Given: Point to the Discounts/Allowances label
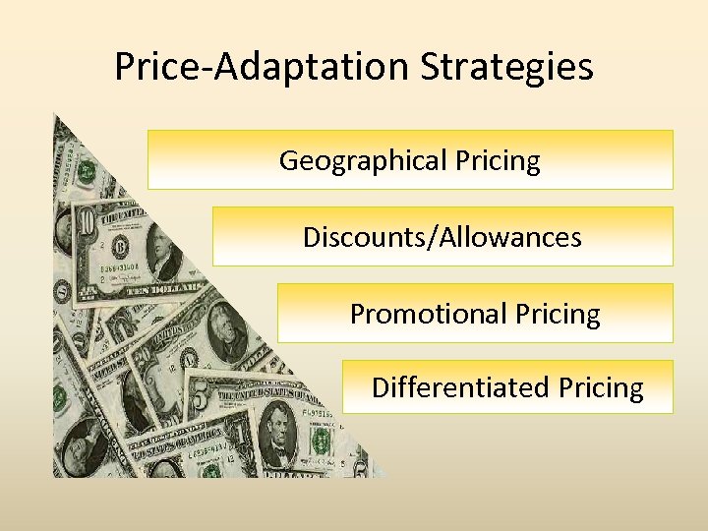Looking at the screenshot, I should pyautogui.click(x=442, y=237).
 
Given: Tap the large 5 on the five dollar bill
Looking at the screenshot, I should pyautogui.click(x=200, y=398).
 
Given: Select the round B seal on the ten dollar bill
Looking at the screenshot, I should pyautogui.click(x=124, y=243).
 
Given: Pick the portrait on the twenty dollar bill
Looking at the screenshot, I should pyautogui.click(x=229, y=340).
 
